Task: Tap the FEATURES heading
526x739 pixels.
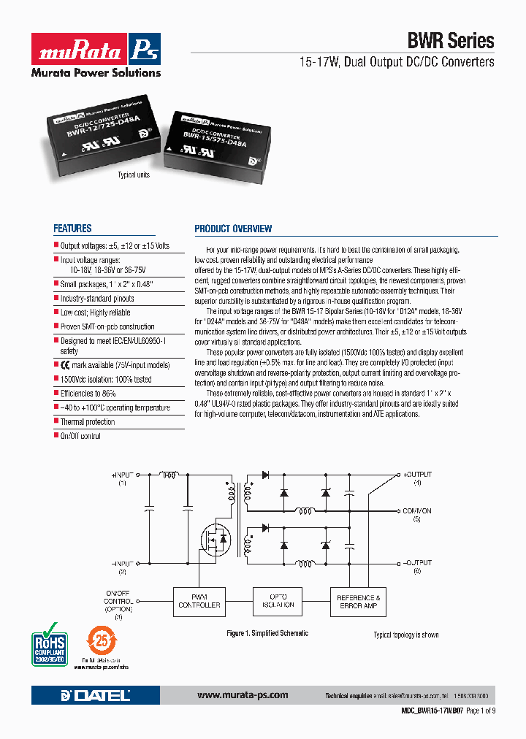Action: [x=72, y=229]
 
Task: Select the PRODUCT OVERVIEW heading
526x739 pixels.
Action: [x=233, y=229]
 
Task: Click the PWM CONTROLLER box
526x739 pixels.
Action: [x=199, y=601]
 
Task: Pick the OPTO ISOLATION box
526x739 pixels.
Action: [x=278, y=601]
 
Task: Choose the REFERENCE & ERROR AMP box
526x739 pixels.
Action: [x=358, y=601]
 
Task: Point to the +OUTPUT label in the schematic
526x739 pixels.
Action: [x=417, y=475]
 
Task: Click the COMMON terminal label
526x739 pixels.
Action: [x=417, y=511]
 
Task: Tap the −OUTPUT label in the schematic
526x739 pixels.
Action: [x=417, y=563]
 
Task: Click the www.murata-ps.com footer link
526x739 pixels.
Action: [x=243, y=695]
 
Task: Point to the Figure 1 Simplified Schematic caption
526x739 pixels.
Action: [x=267, y=633]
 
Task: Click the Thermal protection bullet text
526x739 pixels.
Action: [x=87, y=422]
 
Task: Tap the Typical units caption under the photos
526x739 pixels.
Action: [x=134, y=175]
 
